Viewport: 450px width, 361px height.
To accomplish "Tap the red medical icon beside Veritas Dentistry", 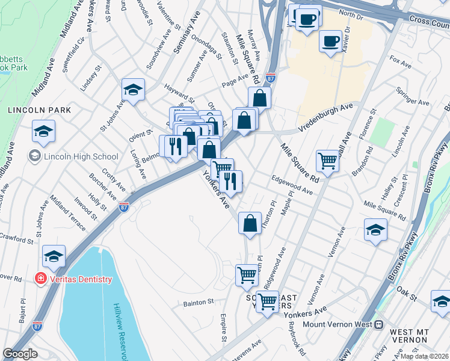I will point(40,279).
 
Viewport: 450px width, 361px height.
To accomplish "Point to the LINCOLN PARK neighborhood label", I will point(39,111).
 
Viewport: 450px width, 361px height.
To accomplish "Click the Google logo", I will point(20,354).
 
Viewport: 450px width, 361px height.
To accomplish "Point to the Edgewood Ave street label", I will point(292,185).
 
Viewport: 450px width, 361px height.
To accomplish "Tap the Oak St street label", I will point(407,295).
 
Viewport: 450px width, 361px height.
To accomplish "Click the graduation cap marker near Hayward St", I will point(133,90).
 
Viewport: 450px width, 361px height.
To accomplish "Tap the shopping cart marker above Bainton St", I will point(247,275).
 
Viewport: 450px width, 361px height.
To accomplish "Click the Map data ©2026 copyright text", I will point(424,356).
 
